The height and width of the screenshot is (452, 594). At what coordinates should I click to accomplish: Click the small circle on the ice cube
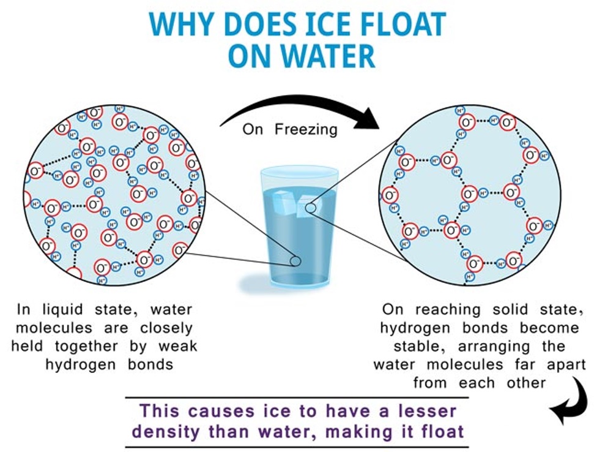(x=311, y=208)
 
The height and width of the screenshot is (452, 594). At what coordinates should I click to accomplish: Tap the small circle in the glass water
(x=295, y=261)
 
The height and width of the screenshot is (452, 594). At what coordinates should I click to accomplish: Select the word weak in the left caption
(x=178, y=346)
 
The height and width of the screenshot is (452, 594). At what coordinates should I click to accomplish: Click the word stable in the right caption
(x=409, y=346)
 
